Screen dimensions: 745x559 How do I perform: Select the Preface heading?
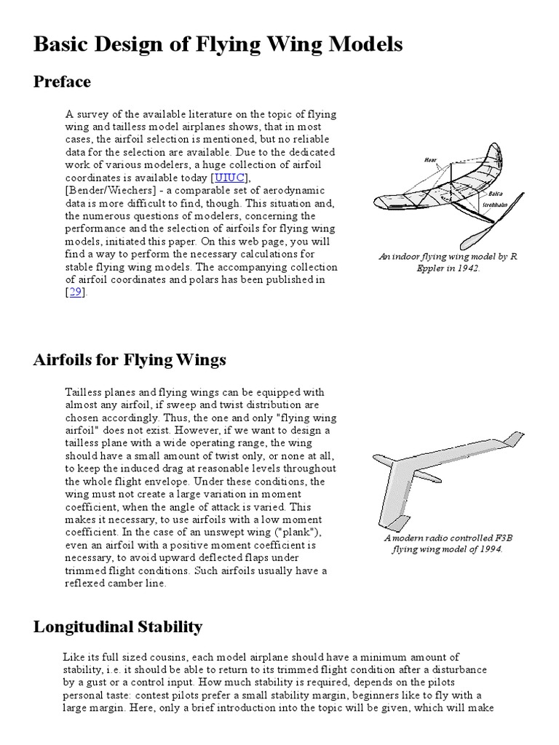tap(62, 81)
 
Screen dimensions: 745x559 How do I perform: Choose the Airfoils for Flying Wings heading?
tap(130, 359)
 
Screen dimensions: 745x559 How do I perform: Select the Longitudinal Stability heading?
tap(118, 626)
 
